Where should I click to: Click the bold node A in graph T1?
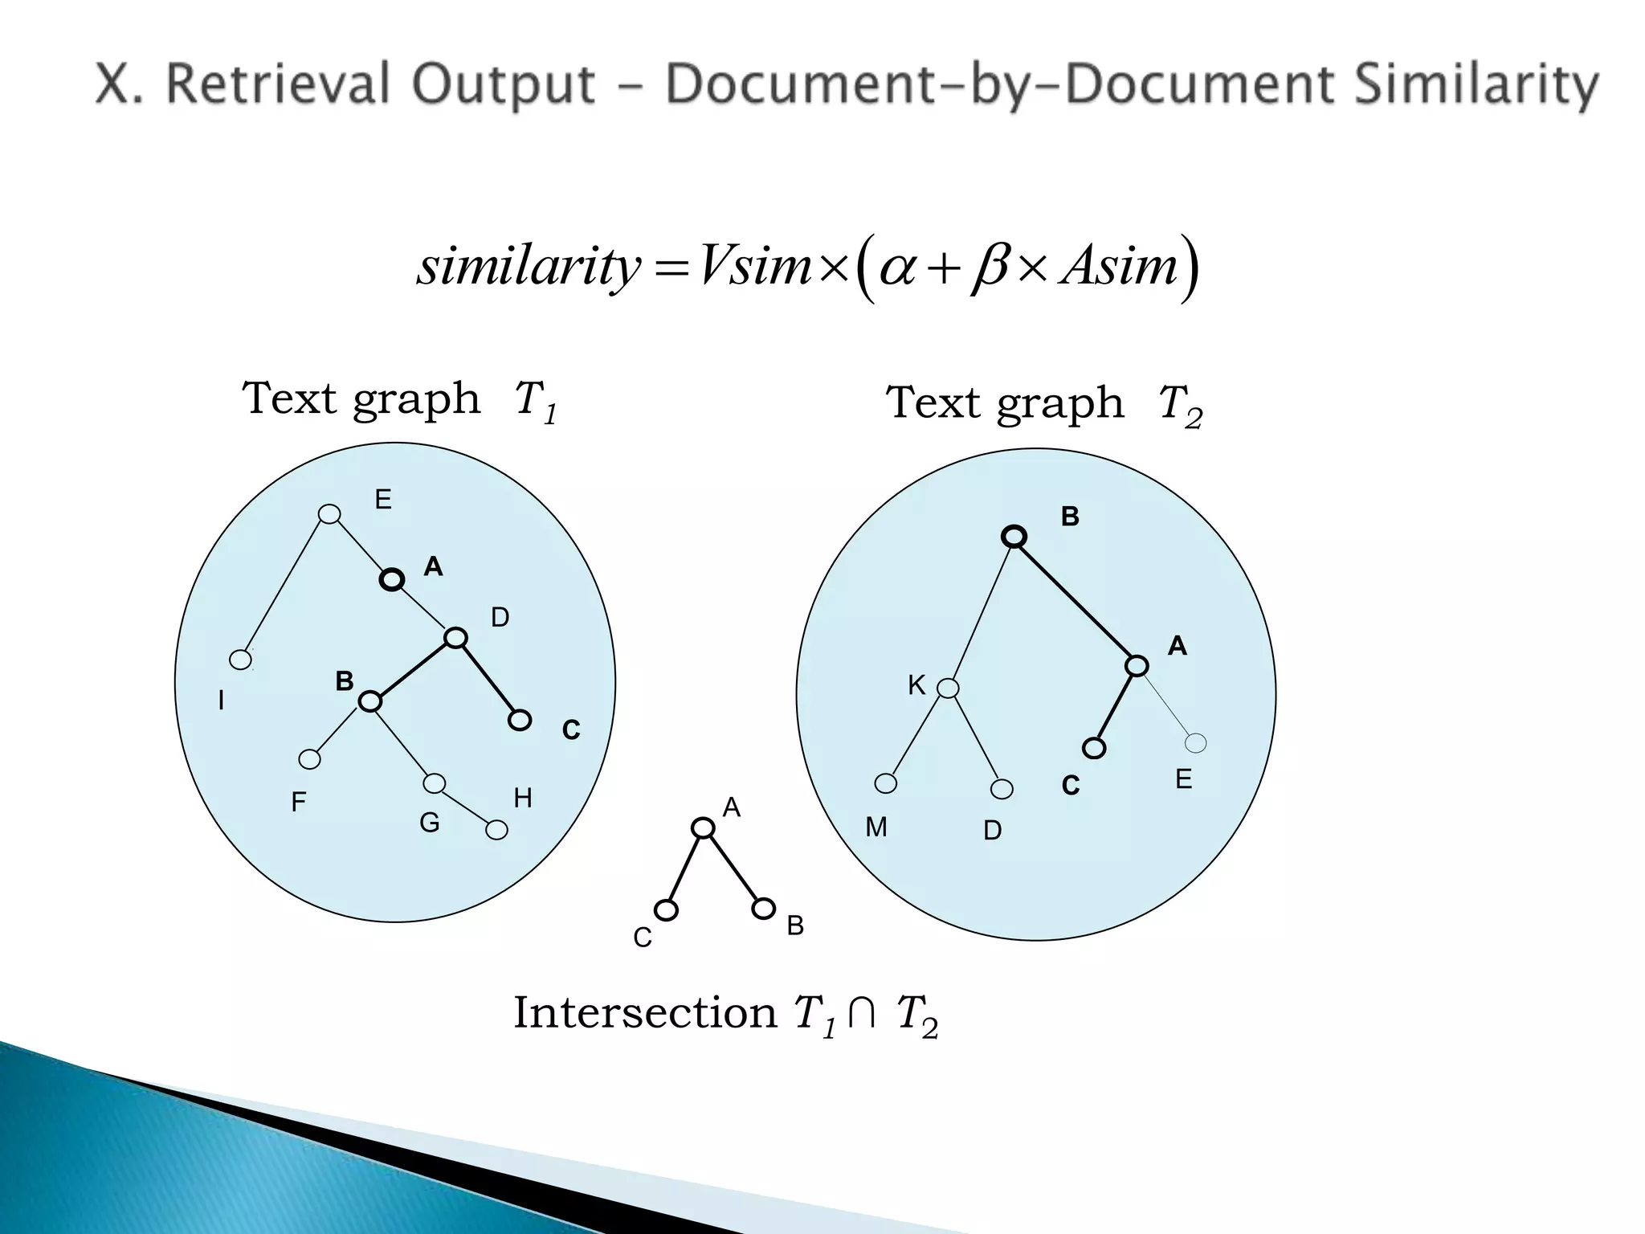(392, 579)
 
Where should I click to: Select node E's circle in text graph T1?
(329, 514)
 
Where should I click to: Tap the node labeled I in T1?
(240, 660)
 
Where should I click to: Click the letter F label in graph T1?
(299, 802)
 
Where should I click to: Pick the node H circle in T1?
(497, 830)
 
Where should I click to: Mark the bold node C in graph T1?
(520, 721)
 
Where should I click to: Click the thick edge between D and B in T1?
(412, 670)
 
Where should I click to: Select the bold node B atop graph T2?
(1014, 537)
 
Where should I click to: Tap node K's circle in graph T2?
(948, 689)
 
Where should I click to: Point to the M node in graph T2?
(885, 783)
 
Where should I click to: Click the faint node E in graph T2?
(1195, 743)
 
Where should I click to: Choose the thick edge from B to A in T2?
(1076, 601)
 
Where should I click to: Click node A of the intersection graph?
(703, 828)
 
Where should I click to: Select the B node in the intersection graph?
(763, 909)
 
